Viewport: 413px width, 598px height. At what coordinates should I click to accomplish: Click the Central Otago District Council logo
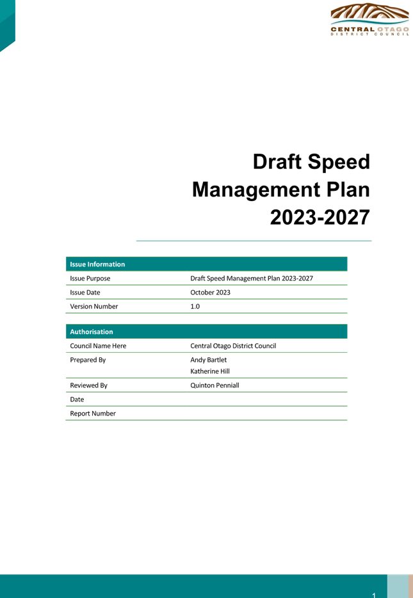click(x=369, y=19)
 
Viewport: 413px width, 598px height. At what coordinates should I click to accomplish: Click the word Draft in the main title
click(x=277, y=161)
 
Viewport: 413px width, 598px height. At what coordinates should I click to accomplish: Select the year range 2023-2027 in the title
click(x=320, y=218)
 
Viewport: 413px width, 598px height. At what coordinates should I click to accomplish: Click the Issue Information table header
click(x=97, y=264)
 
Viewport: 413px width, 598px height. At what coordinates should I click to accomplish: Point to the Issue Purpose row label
click(x=90, y=279)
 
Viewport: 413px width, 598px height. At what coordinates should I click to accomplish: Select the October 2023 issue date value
click(x=210, y=293)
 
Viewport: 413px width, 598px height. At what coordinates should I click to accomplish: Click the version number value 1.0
click(x=195, y=306)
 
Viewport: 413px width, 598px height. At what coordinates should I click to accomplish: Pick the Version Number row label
click(x=94, y=306)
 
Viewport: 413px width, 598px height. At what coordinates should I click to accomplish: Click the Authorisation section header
click(x=92, y=332)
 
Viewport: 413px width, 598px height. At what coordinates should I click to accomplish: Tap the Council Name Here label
click(x=98, y=346)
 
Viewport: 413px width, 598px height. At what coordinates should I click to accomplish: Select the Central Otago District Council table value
click(x=233, y=346)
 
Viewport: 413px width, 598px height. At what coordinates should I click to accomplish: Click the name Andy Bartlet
click(x=208, y=360)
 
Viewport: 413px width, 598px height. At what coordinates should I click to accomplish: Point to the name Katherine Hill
click(x=210, y=371)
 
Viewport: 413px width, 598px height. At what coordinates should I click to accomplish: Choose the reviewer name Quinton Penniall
click(x=215, y=385)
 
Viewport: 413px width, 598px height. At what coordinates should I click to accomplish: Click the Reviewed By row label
click(x=88, y=385)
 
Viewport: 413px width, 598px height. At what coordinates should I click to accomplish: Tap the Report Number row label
click(x=93, y=414)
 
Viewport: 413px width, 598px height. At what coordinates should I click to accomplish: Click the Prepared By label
click(x=88, y=360)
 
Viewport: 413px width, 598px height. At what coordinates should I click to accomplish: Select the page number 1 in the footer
click(x=374, y=595)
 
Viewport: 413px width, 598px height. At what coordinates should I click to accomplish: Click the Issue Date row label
click(x=85, y=293)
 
